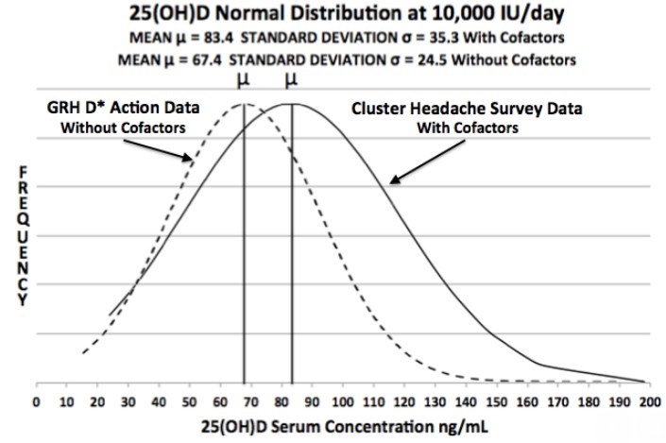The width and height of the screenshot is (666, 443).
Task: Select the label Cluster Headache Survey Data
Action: [x=467, y=109]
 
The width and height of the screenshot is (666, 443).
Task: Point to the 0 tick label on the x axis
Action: [x=36, y=400]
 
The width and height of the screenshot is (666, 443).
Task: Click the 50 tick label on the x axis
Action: [x=189, y=400]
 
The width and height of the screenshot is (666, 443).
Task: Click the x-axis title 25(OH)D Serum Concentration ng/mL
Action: [x=343, y=426]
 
